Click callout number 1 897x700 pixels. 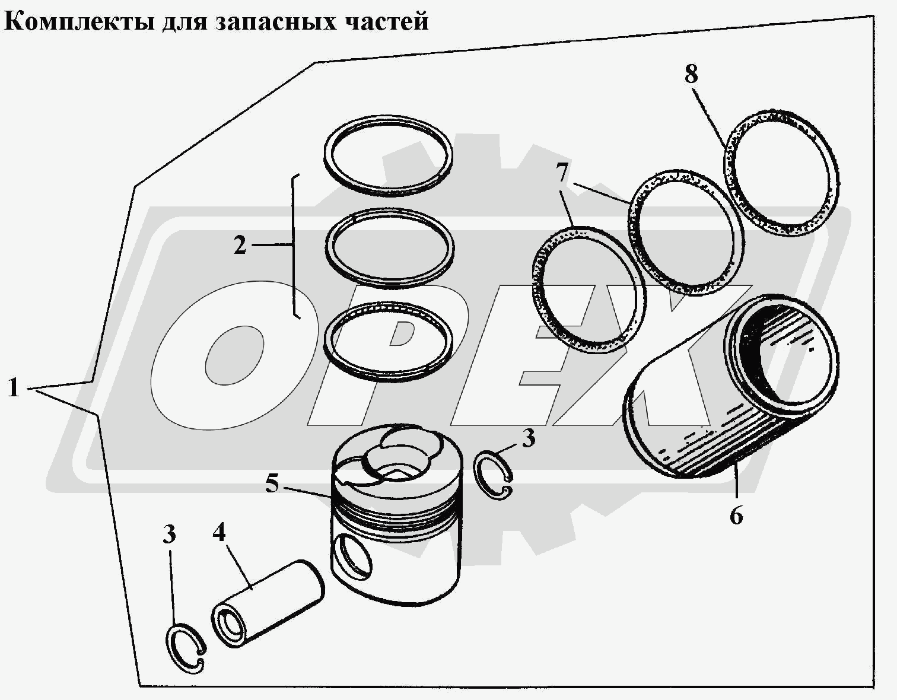(14, 389)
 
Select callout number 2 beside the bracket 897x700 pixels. (240, 245)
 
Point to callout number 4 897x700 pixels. (220, 532)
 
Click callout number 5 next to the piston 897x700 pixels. (272, 484)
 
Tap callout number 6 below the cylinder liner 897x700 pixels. (736, 516)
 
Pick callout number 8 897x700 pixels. (691, 75)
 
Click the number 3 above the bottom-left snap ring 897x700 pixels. (170, 534)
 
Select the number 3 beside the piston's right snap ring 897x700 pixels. (528, 439)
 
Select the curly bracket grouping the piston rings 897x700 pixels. (295, 246)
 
